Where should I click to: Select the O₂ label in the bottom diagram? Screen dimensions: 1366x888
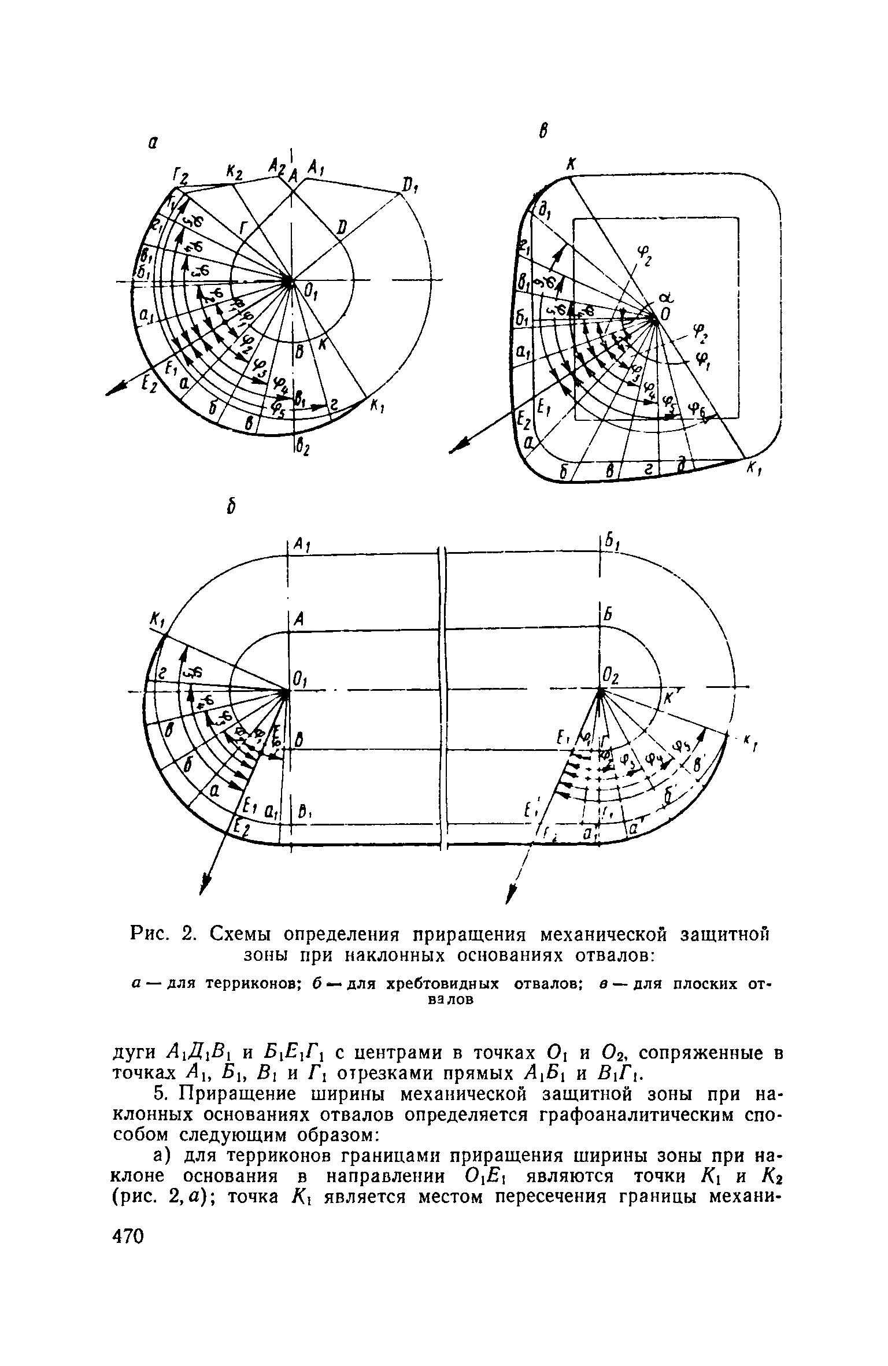(610, 675)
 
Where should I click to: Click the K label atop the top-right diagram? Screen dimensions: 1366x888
(570, 165)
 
